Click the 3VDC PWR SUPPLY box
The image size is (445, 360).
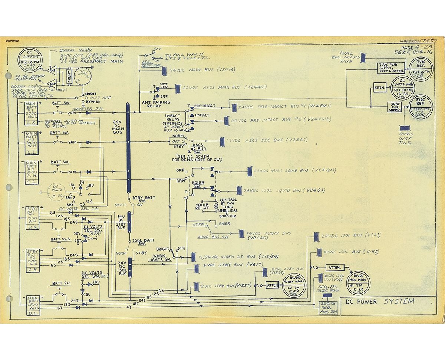coord(395,107)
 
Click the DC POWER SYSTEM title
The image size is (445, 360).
coord(380,301)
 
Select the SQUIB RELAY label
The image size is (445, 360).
coord(202,206)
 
